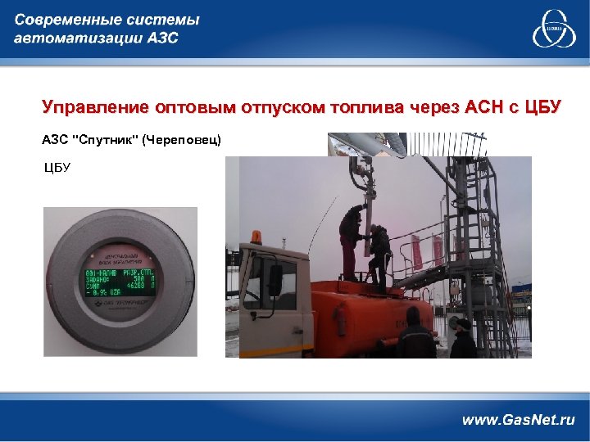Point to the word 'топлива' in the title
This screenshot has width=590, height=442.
pos(361,107)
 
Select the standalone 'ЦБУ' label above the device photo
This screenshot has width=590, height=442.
pos(57,168)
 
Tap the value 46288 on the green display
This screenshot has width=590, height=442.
pos(135,286)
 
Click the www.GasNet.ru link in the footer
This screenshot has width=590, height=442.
pos(518,420)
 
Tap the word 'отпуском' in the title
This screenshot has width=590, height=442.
pos(278,107)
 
